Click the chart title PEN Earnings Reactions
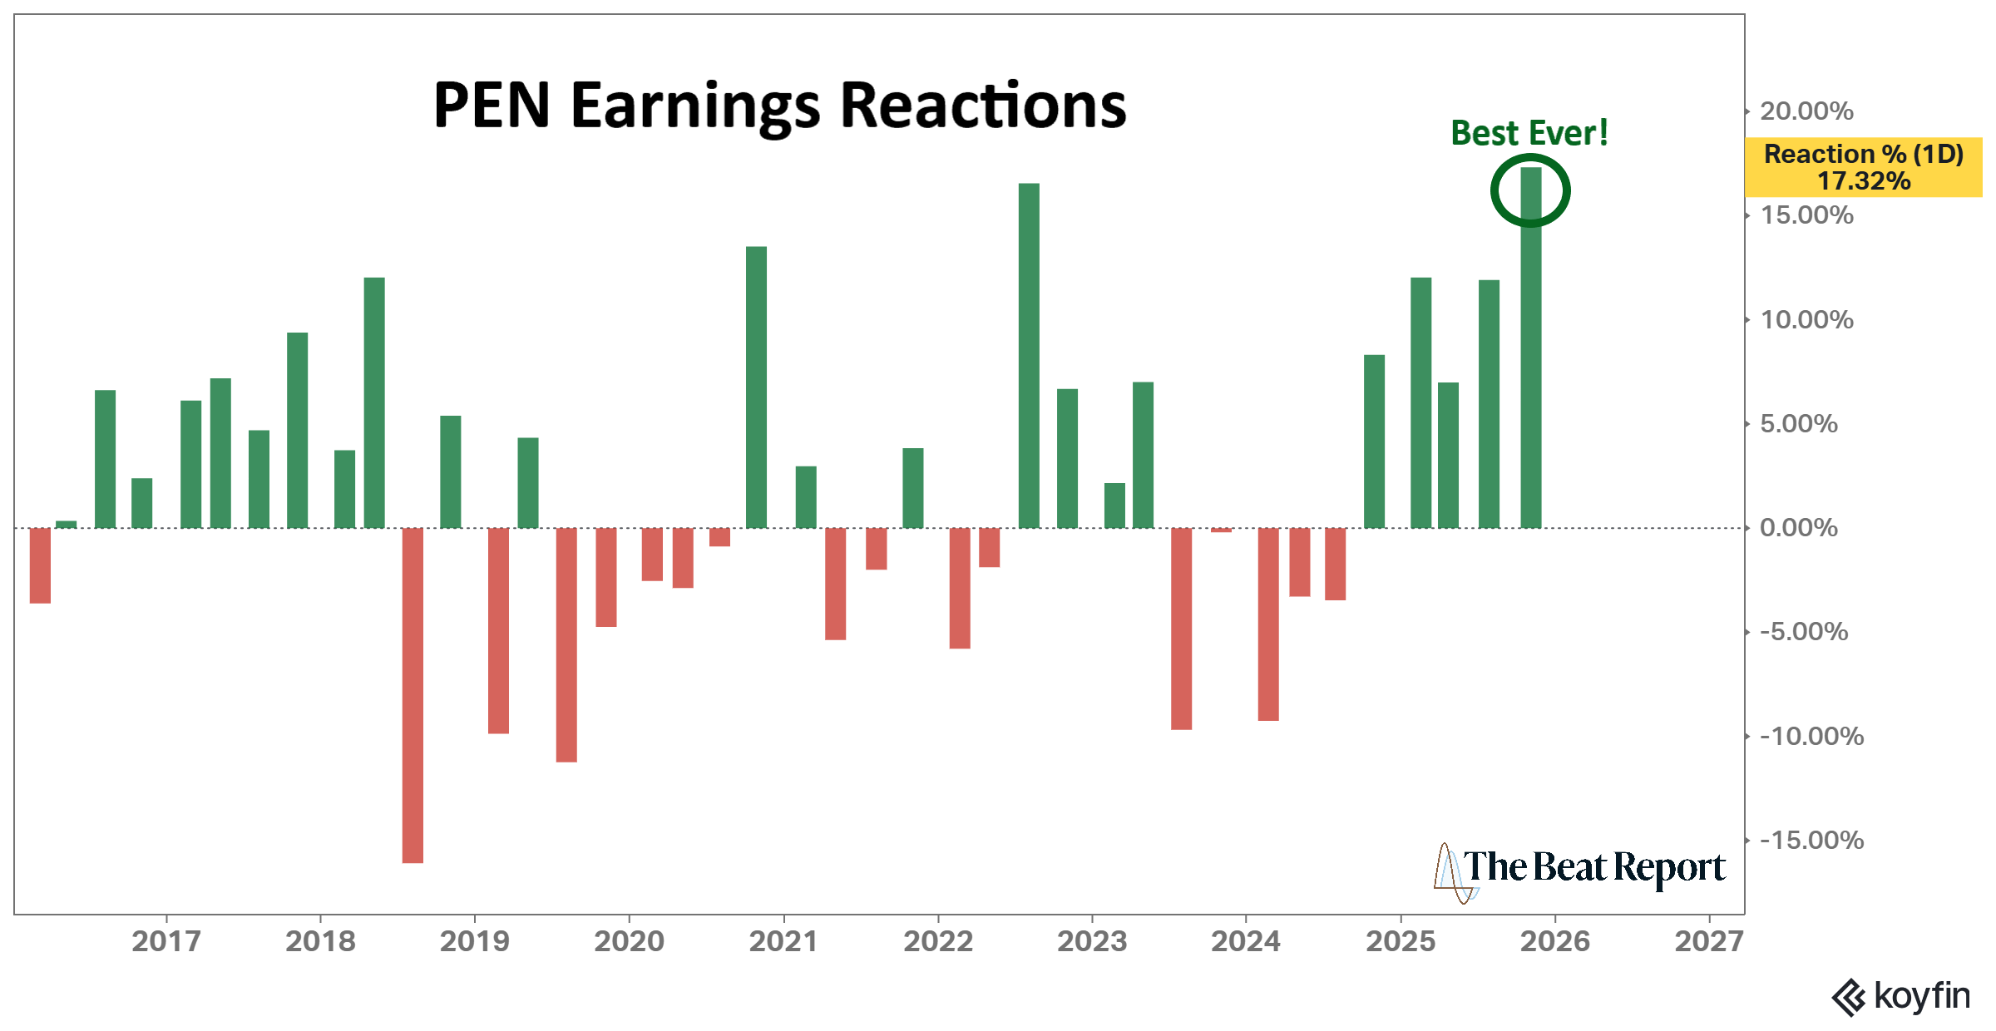(779, 106)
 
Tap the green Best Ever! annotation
(1529, 133)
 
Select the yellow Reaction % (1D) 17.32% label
(1863, 167)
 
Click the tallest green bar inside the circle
(1530, 349)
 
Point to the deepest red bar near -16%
(413, 695)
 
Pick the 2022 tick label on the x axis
(937, 941)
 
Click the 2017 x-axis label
(166, 941)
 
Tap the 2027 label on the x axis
(1708, 941)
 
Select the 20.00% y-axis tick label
(1806, 111)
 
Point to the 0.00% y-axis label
(1798, 528)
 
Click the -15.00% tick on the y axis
(1811, 841)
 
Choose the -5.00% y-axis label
(1803, 632)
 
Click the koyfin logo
(1901, 996)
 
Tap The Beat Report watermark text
(1593, 867)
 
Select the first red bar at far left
(40, 565)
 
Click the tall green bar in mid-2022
(1029, 356)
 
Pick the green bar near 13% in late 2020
(756, 387)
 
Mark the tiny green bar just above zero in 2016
(66, 525)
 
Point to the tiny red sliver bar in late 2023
(1221, 530)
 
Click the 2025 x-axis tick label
(1401, 941)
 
